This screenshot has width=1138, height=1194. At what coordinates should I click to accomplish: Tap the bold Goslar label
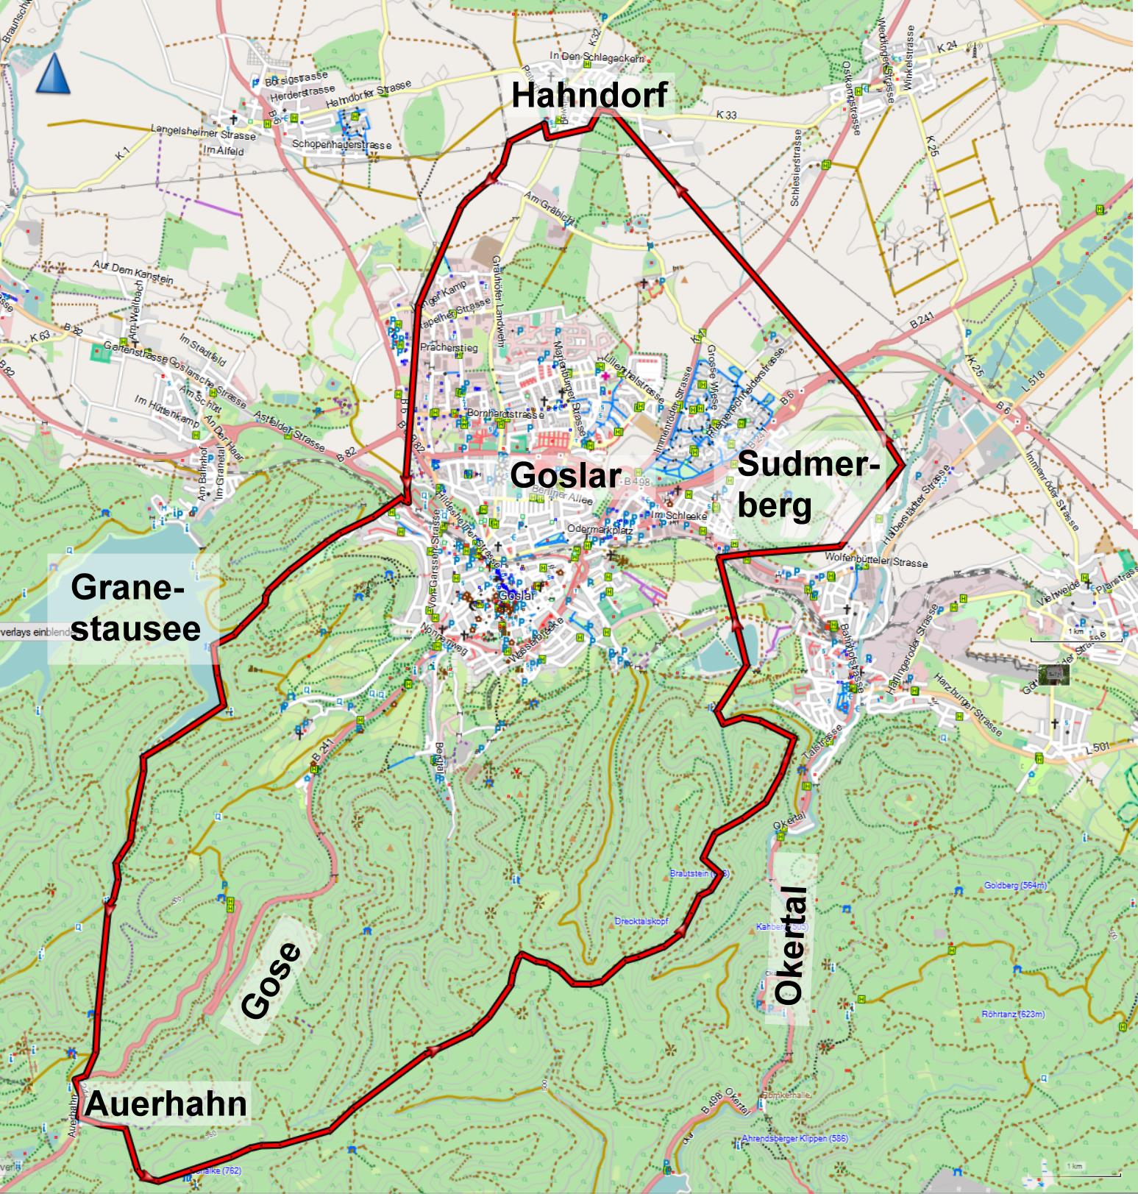tap(565, 475)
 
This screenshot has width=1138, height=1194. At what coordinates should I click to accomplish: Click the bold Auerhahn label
tap(166, 1104)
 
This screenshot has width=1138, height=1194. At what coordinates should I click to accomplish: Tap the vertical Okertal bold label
tap(792, 946)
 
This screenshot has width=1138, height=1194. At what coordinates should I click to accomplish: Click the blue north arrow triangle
tap(53, 76)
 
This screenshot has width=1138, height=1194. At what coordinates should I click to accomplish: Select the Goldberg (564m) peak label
tap(1014, 886)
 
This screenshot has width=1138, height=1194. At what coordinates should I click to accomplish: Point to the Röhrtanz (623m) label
tap(1013, 1014)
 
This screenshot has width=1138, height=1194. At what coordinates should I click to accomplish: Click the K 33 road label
tap(726, 116)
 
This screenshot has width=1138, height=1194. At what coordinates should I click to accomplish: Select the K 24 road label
tap(947, 47)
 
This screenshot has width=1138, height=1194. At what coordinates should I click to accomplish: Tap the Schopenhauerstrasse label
tap(341, 145)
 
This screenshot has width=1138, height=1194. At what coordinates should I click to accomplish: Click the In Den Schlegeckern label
tap(597, 58)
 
